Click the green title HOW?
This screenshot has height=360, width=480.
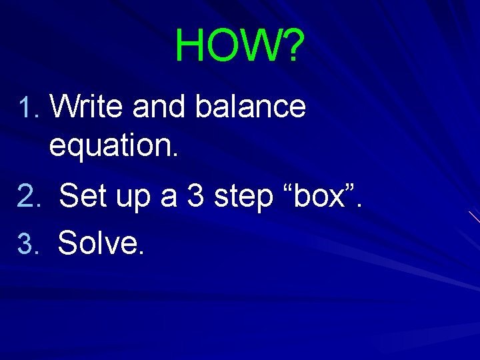(x=239, y=46)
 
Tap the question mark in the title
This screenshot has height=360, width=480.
(x=291, y=46)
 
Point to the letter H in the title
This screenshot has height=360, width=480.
(x=191, y=46)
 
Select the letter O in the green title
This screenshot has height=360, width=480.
(x=224, y=46)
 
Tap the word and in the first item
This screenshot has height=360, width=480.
(x=160, y=107)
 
